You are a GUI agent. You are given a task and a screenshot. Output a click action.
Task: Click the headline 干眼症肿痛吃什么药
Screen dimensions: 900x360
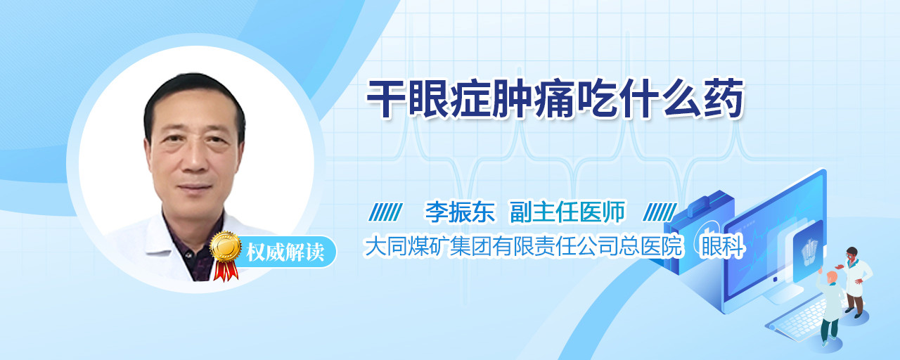pyautogui.click(x=555, y=99)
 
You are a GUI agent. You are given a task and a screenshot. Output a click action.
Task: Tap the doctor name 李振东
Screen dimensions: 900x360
pyautogui.click(x=460, y=212)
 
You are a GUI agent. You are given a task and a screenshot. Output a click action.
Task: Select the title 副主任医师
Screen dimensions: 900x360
pyautogui.click(x=567, y=212)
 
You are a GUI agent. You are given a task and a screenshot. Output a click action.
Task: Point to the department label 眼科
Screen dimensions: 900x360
pyautogui.click(x=722, y=246)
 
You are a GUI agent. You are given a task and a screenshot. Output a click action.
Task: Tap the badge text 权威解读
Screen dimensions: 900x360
pyautogui.click(x=285, y=252)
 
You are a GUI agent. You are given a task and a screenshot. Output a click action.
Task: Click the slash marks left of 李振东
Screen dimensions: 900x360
pyautogui.click(x=385, y=212)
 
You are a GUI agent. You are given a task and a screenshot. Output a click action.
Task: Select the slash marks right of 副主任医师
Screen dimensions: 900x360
pyautogui.click(x=660, y=212)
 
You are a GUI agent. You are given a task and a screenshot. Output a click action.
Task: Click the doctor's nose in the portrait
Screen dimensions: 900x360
pyautogui.click(x=195, y=159)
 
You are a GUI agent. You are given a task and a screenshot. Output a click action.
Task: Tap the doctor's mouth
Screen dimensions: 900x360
pyautogui.click(x=195, y=187)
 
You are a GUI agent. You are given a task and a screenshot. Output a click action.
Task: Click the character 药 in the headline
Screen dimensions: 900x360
pyautogui.click(x=724, y=99)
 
